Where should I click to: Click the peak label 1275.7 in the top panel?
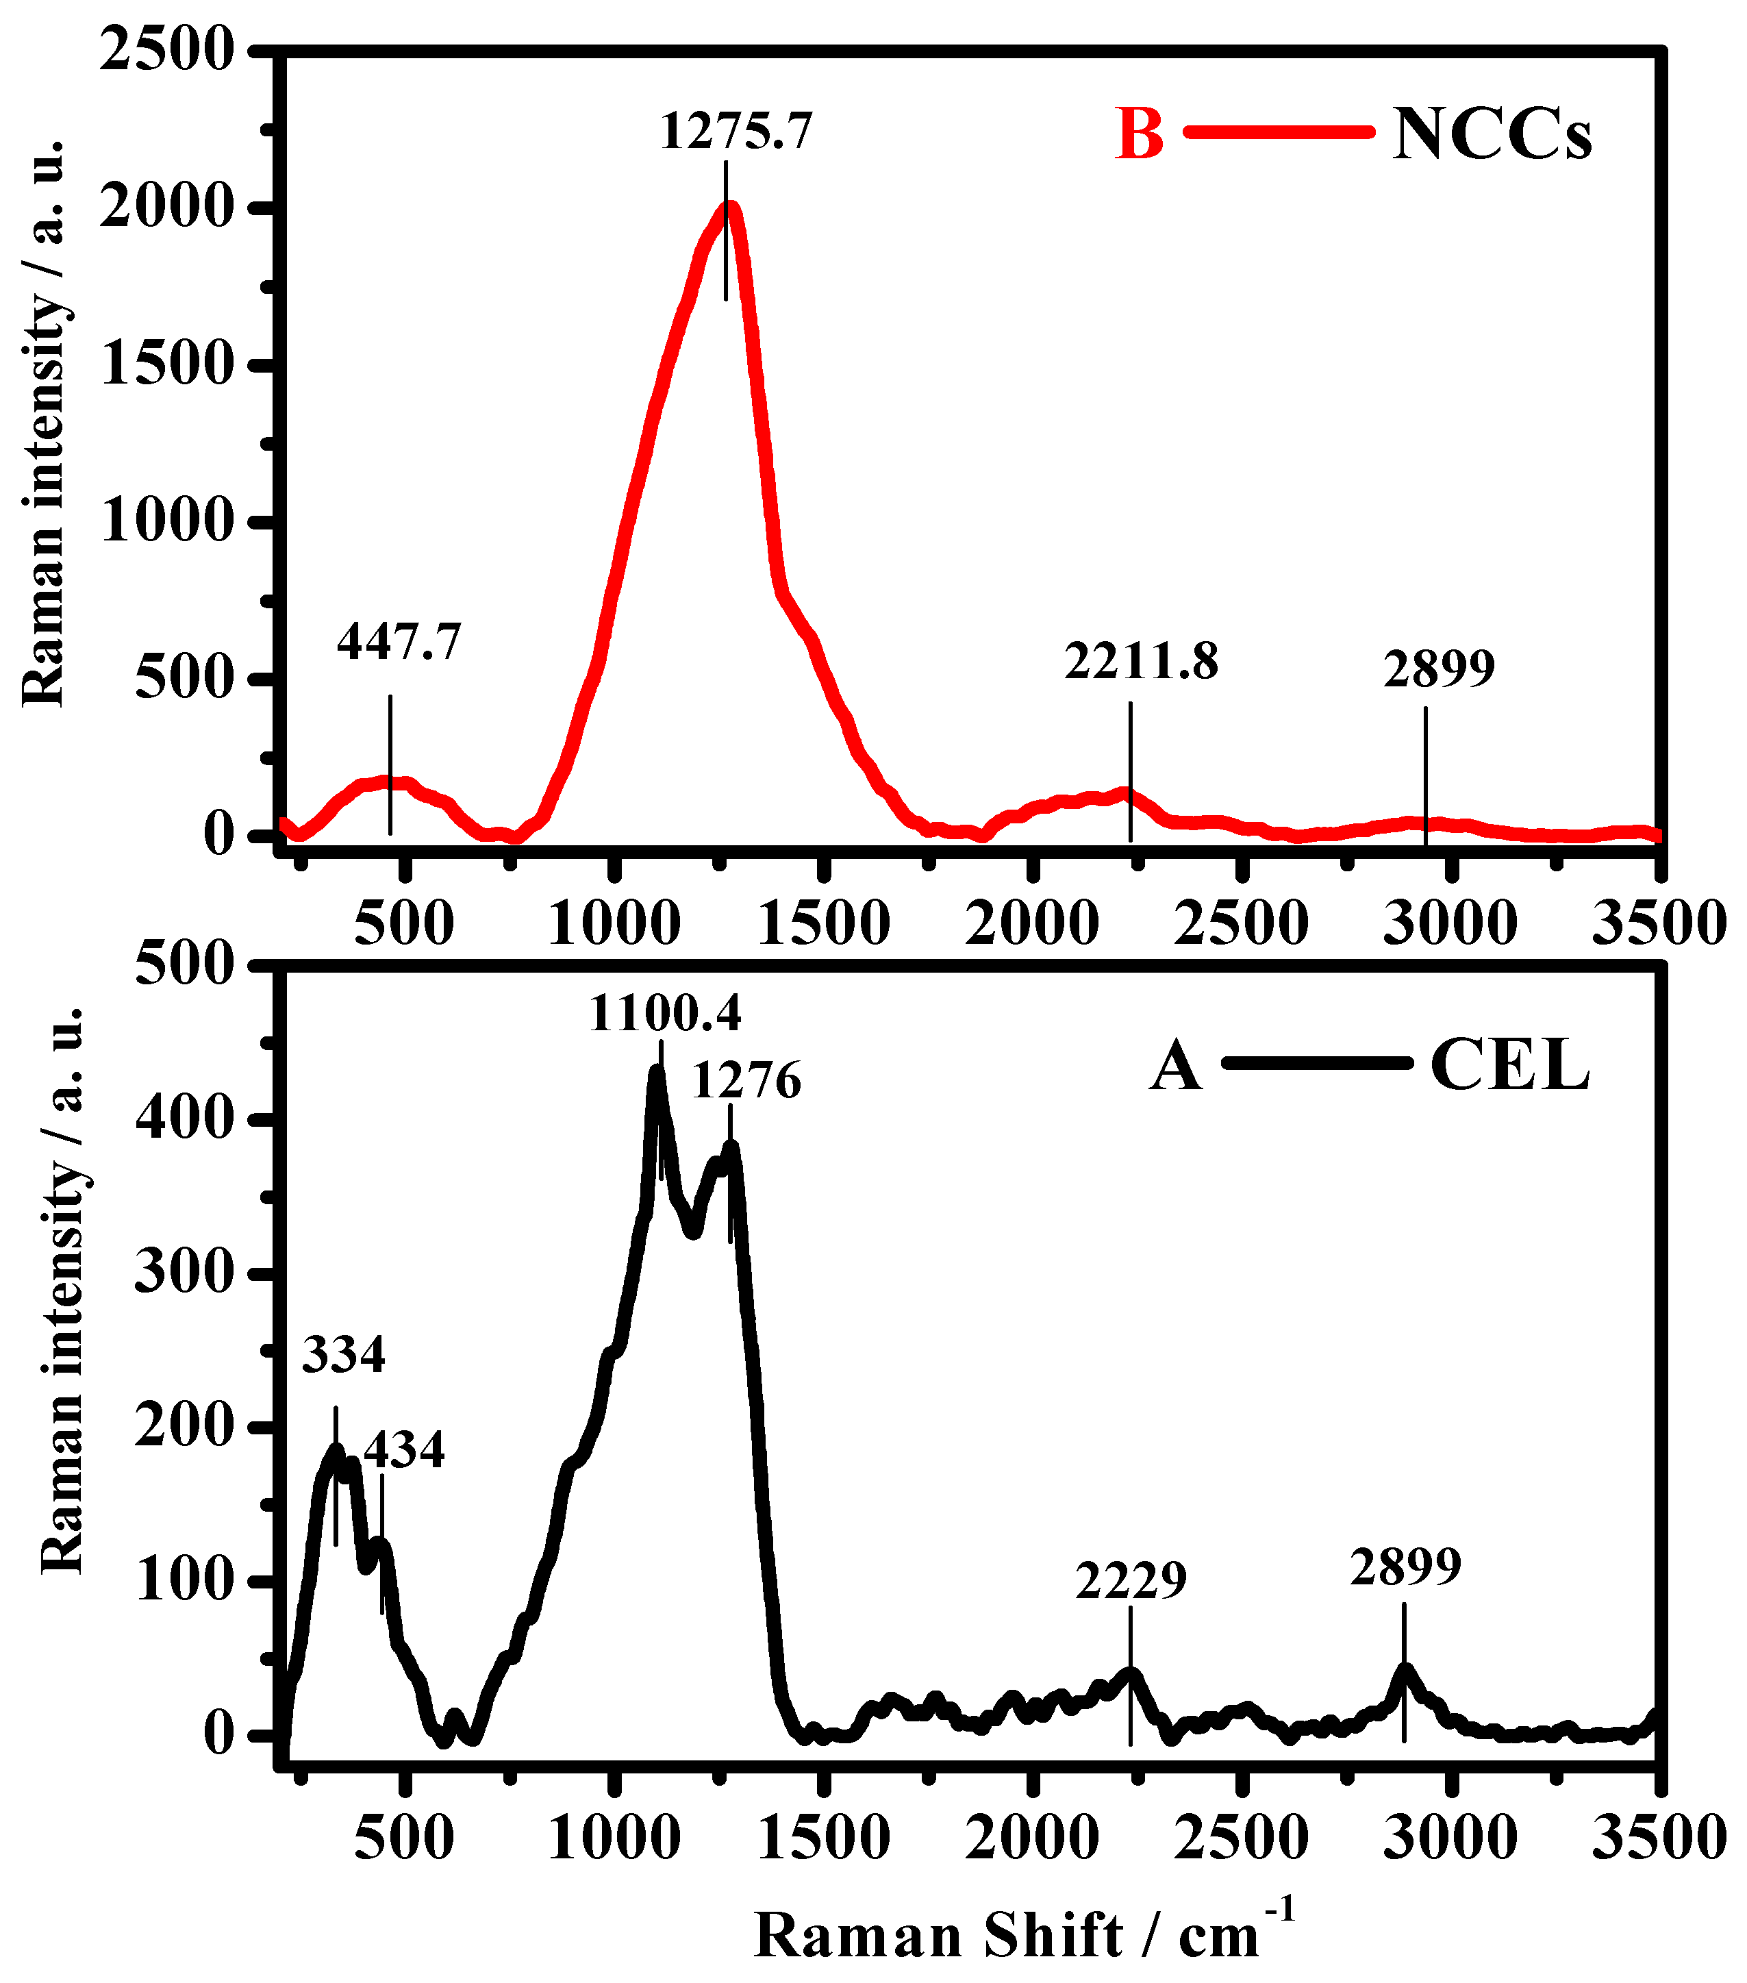coord(736,131)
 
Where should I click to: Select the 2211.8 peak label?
coord(1141,662)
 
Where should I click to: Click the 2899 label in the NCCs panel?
coord(1439,669)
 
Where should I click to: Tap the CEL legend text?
coord(1509,1065)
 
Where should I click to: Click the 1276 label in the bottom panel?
coord(746,1080)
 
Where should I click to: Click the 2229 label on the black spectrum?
coord(1131,1580)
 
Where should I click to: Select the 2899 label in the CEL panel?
coord(1405,1566)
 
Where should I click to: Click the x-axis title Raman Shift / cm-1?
coord(1022,1930)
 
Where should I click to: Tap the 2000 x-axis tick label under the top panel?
coord(1032,922)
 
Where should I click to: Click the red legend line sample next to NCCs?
coord(1279,132)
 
